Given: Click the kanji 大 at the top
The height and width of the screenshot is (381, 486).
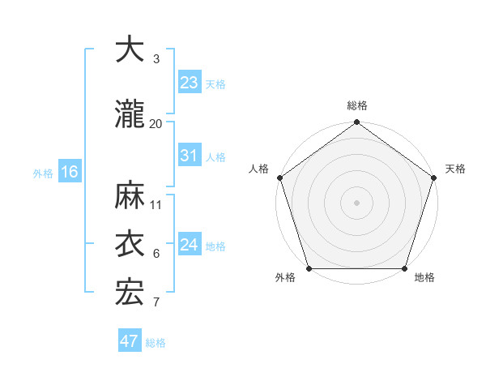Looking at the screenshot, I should pyautogui.click(x=130, y=50).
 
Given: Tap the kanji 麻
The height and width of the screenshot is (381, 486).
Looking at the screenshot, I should pyautogui.click(x=130, y=195).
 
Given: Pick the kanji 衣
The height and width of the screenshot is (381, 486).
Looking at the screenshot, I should pyautogui.click(x=130, y=244).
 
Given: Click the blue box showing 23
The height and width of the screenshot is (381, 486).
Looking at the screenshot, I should pyautogui.click(x=189, y=83).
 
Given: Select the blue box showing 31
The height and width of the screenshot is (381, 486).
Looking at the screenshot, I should pyautogui.click(x=189, y=156).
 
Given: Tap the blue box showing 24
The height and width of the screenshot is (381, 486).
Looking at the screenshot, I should pyautogui.click(x=189, y=245).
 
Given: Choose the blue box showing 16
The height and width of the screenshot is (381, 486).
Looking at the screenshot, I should pyautogui.click(x=69, y=172).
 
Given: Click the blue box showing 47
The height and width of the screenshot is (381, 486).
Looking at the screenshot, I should pyautogui.click(x=130, y=341).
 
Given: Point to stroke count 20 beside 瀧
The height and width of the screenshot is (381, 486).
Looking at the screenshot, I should pyautogui.click(x=156, y=123).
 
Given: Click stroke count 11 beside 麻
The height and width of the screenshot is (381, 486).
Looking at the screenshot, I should pyautogui.click(x=156, y=204).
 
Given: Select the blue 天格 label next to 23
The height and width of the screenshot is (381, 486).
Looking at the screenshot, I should pyautogui.click(x=215, y=84).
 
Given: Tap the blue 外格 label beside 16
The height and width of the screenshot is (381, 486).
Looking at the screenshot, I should pyautogui.click(x=43, y=173).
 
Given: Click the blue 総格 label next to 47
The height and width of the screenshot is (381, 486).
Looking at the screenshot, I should pyautogui.click(x=156, y=343).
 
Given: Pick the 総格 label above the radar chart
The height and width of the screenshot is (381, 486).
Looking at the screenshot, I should pyautogui.click(x=356, y=105).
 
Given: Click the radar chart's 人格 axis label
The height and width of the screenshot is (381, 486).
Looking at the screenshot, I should pyautogui.click(x=259, y=169).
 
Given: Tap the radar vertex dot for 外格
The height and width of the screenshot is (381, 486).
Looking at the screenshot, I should pyautogui.click(x=309, y=268).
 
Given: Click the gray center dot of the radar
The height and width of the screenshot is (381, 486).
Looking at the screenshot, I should pyautogui.click(x=356, y=203).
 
